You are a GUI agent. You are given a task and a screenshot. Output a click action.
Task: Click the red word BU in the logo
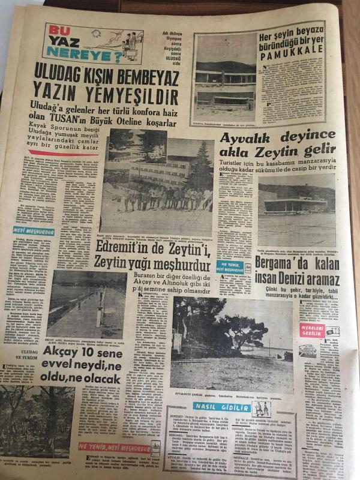coord(55,31)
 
